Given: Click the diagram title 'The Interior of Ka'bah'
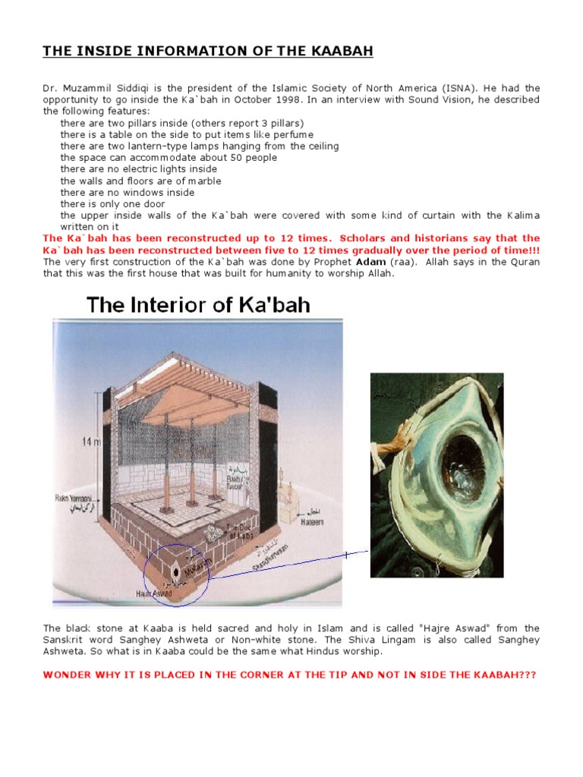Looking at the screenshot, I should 198,305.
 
